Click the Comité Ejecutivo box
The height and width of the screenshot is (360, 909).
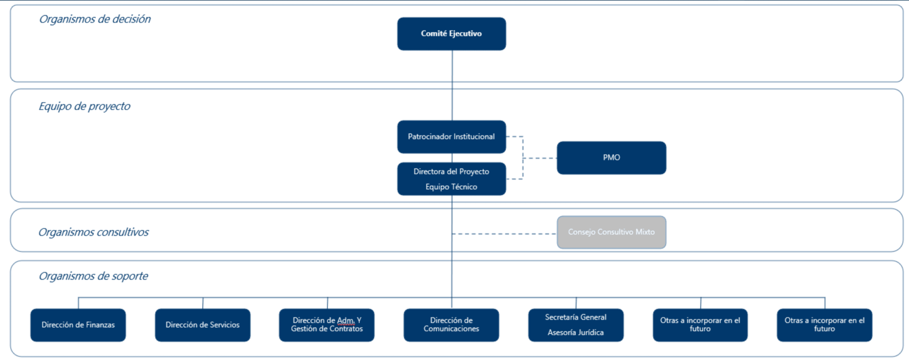point(451,34)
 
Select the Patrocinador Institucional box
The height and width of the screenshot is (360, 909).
point(451,137)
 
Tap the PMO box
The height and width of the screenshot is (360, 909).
point(611,158)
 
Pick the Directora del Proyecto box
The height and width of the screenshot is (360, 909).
point(451,179)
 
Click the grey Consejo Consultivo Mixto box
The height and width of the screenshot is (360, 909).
point(611,232)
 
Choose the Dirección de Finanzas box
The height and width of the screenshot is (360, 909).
point(78,325)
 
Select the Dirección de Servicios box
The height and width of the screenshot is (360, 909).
point(202,325)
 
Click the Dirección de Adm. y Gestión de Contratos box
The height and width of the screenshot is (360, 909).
point(327,325)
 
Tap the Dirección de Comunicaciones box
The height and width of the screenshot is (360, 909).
point(451,325)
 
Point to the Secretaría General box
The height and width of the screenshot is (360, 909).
point(576,325)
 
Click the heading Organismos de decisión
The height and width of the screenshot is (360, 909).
point(94,19)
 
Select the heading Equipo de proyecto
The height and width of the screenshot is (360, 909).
point(84,107)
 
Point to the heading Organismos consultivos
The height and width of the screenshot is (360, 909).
point(93,232)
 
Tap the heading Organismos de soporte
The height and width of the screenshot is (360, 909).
point(93,276)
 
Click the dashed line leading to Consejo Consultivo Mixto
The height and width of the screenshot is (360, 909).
point(504,234)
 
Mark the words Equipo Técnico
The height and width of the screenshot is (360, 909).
point(451,187)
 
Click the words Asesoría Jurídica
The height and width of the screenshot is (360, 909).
point(576,332)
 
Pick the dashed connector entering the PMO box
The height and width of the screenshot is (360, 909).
point(540,158)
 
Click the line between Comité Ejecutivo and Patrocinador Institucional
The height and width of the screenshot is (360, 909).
point(452,85)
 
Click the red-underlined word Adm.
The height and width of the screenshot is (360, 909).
point(346,321)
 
